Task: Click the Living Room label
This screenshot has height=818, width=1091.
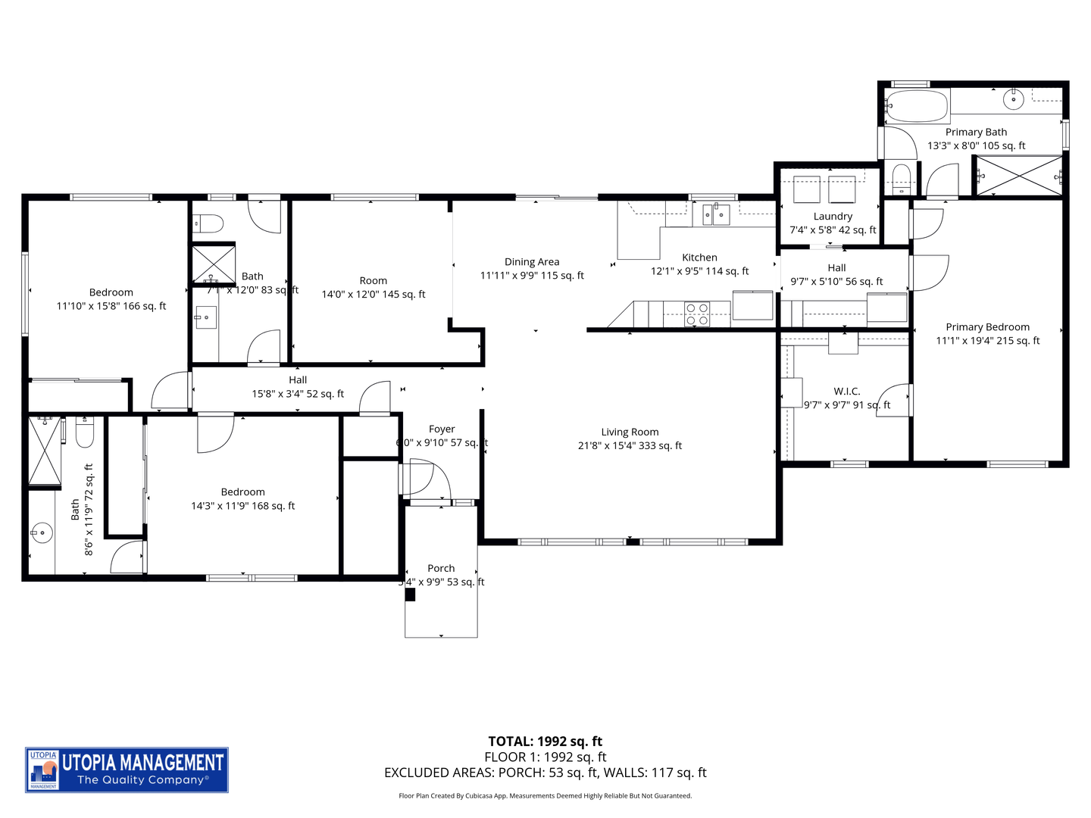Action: [x=630, y=432]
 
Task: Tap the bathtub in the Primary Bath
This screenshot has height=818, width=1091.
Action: [x=917, y=106]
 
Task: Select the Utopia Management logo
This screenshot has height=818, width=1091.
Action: [x=127, y=770]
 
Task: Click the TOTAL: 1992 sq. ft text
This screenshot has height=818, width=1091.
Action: [x=545, y=742]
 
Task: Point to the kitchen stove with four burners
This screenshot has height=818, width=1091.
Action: [x=696, y=314]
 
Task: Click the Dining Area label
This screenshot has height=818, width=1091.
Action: [x=532, y=262]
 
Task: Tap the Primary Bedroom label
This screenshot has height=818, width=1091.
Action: [x=987, y=327]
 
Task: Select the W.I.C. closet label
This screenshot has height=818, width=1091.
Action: [x=847, y=392]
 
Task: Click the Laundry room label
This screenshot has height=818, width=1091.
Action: [x=833, y=217]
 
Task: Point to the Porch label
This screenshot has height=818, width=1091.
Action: [x=441, y=569]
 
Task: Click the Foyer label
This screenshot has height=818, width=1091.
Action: [x=442, y=429]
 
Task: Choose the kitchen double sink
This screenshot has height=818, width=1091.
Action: [x=714, y=215]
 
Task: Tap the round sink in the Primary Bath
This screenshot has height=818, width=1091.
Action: [x=1013, y=99]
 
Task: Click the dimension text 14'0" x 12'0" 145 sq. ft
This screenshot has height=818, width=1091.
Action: [x=374, y=295]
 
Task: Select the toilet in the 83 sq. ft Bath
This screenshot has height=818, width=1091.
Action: [x=208, y=223]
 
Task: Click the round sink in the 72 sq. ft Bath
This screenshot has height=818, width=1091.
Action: [x=42, y=533]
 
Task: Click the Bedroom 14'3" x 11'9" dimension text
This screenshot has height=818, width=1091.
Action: [x=243, y=506]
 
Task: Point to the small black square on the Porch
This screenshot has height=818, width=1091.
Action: [x=410, y=595]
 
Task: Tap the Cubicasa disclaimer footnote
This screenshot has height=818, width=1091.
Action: [x=545, y=796]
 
